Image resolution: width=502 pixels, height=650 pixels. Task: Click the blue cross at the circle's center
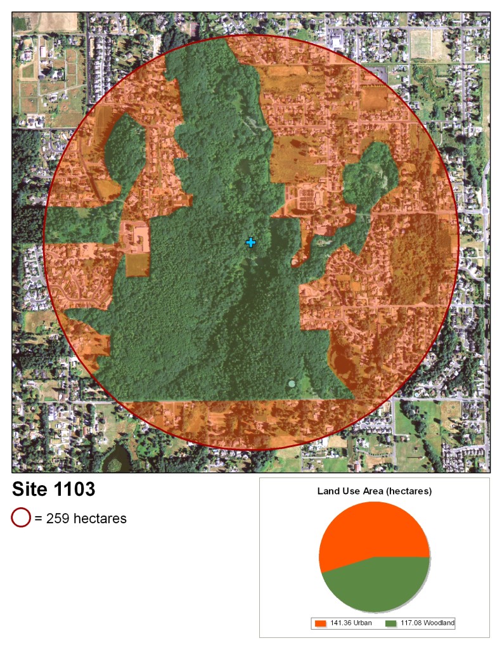(251, 242)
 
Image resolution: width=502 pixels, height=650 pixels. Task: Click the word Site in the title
(32, 490)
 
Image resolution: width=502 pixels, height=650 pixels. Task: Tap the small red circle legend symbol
(21, 518)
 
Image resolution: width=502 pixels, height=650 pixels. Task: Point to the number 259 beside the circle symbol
(58, 519)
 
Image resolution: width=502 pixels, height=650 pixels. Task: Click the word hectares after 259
(100, 519)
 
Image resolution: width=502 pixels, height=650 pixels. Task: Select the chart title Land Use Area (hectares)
(374, 491)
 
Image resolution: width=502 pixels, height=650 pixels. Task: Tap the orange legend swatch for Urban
(321, 623)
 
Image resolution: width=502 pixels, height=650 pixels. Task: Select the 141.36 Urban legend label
(351, 623)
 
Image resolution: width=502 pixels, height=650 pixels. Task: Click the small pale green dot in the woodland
(291, 384)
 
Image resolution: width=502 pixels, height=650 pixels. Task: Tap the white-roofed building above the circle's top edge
(336, 42)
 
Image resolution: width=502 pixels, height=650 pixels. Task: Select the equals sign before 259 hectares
(39, 519)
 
